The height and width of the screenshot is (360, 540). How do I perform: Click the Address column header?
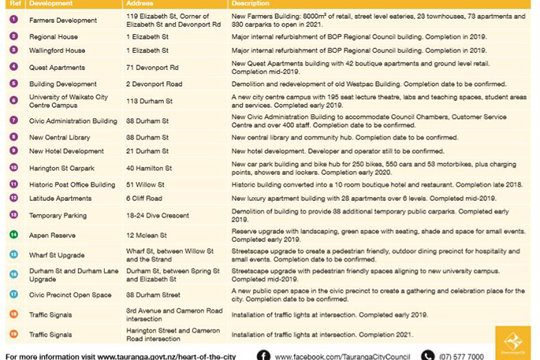[x=138, y=4]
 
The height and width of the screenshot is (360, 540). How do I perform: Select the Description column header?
[x=250, y=4]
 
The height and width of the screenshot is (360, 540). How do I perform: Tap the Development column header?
[x=50, y=4]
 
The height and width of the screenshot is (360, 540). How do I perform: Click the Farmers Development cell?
[x=63, y=20]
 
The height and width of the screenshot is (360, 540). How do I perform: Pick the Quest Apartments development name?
[x=57, y=68]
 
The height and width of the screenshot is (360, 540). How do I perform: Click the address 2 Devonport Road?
[x=154, y=84]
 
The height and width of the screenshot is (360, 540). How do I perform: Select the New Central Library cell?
[x=60, y=137]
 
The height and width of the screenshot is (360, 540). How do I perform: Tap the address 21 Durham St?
[x=147, y=151]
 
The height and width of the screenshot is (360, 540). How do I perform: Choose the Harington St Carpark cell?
[x=61, y=168]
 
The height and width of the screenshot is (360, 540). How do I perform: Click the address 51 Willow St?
[x=146, y=184]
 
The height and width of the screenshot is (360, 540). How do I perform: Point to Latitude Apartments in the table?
[x=60, y=199]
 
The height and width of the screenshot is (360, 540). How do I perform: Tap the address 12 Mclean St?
[x=147, y=235]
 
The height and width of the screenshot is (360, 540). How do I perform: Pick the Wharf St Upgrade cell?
[x=56, y=255]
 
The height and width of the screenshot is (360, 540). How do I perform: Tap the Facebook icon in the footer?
[x=263, y=355]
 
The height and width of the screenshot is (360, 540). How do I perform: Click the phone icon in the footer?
[x=427, y=355]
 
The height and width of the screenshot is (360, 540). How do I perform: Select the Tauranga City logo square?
[x=512, y=341]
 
